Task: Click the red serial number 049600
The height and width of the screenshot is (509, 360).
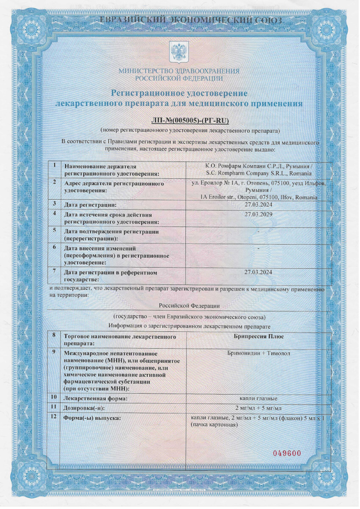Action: [287, 453]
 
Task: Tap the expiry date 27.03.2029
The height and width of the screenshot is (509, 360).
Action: [259, 214]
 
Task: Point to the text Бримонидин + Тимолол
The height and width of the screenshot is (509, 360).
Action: [259, 353]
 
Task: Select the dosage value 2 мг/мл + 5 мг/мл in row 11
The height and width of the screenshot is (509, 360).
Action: [259, 408]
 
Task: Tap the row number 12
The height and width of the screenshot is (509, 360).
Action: [54, 417]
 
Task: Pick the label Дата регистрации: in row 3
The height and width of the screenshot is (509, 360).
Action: [90, 205]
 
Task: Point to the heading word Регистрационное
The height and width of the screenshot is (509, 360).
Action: [147, 92]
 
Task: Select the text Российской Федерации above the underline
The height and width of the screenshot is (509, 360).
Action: [189, 305]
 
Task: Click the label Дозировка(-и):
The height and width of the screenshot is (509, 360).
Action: [84, 408]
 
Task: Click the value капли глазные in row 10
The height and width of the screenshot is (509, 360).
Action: [259, 398]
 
